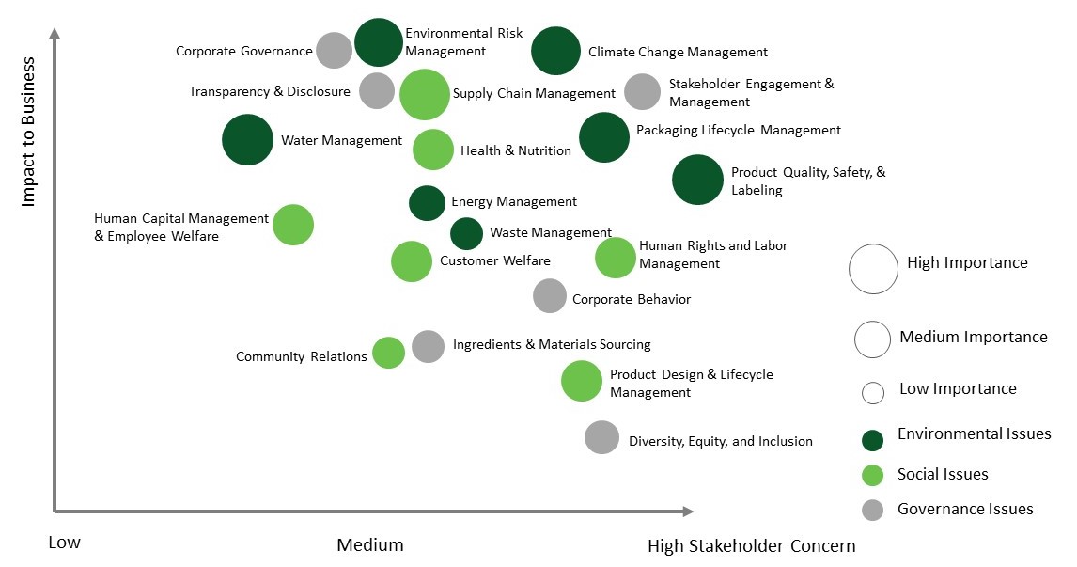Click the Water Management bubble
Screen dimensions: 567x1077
click(x=247, y=140)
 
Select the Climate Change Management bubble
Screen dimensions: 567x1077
click(x=556, y=51)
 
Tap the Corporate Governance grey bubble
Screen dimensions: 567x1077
click(x=334, y=51)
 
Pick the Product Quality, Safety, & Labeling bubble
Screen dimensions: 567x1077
click(x=698, y=179)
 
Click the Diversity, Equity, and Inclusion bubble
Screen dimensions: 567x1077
click(x=602, y=437)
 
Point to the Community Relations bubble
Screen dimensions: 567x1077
click(x=388, y=353)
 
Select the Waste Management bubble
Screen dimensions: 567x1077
click(x=467, y=233)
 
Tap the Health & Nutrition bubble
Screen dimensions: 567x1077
click(x=433, y=150)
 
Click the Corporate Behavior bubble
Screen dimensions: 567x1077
click(x=550, y=295)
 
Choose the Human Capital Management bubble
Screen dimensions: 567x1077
click(x=293, y=225)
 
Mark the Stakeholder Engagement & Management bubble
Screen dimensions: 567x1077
click(x=643, y=91)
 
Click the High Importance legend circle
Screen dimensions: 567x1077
click(x=873, y=268)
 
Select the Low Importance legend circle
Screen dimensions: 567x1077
click(x=873, y=392)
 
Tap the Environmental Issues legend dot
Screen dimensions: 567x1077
click(x=873, y=439)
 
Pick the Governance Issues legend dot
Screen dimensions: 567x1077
click(x=873, y=510)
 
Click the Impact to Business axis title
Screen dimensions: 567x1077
click(x=28, y=132)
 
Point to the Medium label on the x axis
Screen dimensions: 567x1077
click(x=370, y=545)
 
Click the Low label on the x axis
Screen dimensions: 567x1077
click(x=64, y=543)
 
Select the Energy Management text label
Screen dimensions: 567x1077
click(x=514, y=201)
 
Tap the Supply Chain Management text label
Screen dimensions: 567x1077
click(x=534, y=93)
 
